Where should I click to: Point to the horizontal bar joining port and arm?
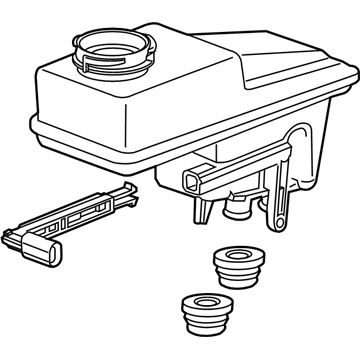pyautogui.click(x=240, y=176)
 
